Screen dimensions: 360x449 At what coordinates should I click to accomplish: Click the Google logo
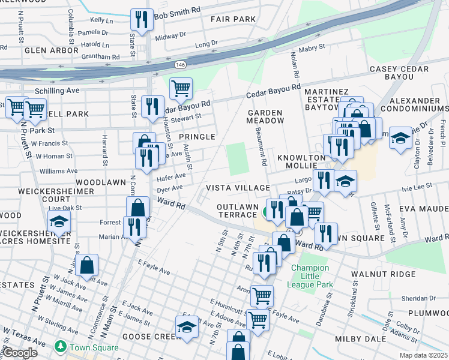[x=20, y=353]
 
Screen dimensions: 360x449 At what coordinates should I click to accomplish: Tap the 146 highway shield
[x=180, y=64]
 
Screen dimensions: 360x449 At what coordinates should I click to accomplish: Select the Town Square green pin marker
[x=60, y=346]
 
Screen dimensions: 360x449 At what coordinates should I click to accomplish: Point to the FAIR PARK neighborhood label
[x=233, y=19]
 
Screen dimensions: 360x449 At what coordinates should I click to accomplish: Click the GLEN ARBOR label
[x=52, y=50]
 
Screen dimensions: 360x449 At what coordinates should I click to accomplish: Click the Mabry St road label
[x=312, y=46]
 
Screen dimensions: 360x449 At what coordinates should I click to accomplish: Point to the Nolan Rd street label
[x=294, y=67]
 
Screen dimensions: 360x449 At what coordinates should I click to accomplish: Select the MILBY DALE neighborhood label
[x=355, y=339]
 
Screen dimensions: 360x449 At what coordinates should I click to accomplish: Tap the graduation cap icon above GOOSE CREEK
[x=187, y=327]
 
